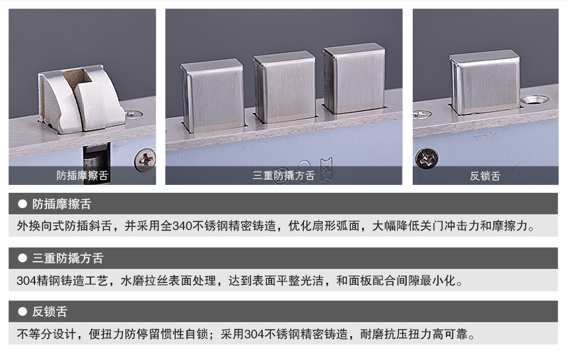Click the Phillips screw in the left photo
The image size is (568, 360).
point(145,160)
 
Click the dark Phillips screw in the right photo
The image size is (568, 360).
point(427,159)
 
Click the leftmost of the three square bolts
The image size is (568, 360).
point(213,95)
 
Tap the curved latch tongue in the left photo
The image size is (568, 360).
point(81,99)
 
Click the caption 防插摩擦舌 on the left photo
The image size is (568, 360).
point(83,176)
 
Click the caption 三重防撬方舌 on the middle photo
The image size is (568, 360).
point(283,176)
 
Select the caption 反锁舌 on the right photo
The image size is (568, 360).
point(485,176)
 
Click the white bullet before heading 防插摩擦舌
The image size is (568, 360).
point(22,204)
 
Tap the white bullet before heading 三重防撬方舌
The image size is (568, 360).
point(22,258)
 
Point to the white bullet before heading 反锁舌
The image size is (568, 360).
point(22,312)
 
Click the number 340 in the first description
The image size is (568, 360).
point(182,226)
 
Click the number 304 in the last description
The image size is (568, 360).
point(254,334)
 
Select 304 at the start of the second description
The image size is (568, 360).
point(27,280)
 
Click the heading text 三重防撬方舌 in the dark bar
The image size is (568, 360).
point(68,258)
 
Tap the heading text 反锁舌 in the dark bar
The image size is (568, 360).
point(50,312)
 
